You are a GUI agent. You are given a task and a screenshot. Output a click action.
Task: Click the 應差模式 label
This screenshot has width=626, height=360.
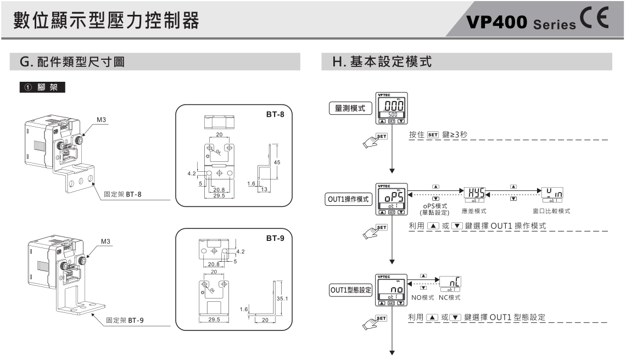pos(475,211)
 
